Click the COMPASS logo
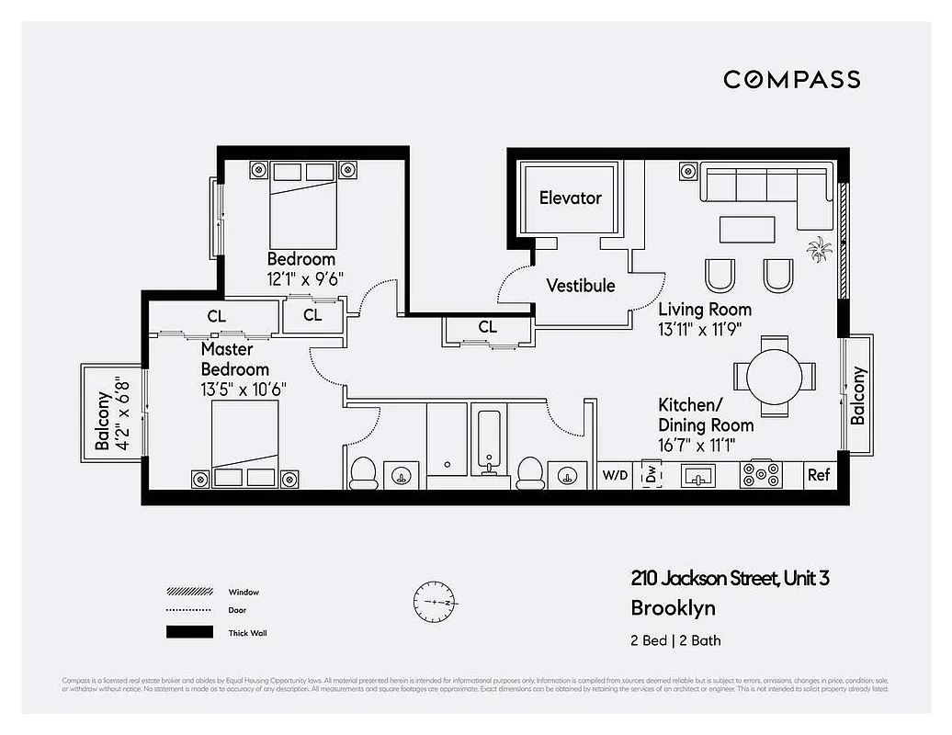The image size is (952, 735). tap(791, 79)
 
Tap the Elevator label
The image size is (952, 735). tap(570, 198)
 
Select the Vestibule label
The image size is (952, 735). tap(581, 286)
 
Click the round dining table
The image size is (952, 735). tap(774, 375)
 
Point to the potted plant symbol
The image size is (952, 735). tap(818, 248)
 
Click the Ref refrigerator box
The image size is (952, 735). tap(818, 475)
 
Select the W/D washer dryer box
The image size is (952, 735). tap(614, 475)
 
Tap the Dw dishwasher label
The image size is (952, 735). tap(652, 475)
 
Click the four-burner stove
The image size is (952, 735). tap(761, 475)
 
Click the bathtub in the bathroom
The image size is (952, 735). tap(488, 442)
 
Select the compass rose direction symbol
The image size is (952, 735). tap(435, 603)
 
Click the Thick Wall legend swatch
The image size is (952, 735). tap(188, 632)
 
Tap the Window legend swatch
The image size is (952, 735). tap(188, 592)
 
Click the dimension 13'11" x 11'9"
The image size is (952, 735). tap(699, 328)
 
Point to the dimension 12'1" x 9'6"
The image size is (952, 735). tap(305, 279)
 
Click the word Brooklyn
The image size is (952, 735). tap(673, 608)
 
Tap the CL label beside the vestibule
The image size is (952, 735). tap(487, 327)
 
